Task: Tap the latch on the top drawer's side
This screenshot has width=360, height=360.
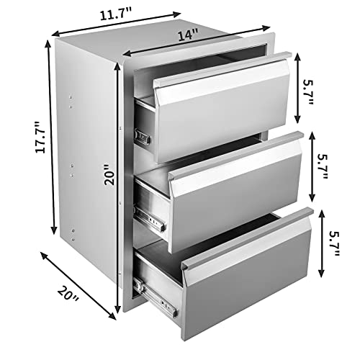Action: (x=142, y=135)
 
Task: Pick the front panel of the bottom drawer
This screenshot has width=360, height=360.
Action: (x=248, y=274)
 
